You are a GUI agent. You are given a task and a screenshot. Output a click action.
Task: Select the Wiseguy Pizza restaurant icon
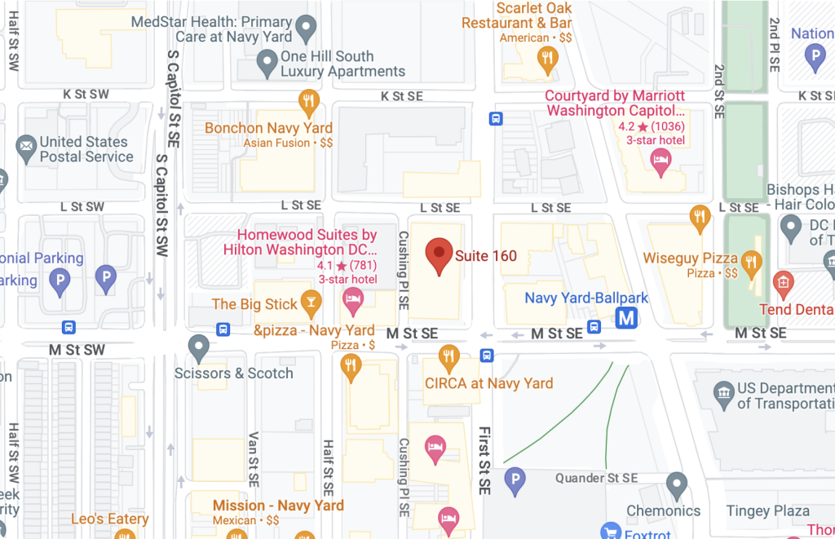(x=751, y=262)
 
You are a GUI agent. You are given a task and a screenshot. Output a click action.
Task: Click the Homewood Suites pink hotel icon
(x=352, y=300)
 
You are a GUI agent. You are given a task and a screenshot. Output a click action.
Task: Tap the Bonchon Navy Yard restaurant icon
(x=307, y=101)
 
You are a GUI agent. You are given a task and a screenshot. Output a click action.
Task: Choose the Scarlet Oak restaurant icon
(x=547, y=57)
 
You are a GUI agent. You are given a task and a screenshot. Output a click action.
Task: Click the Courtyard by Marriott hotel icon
(x=660, y=161)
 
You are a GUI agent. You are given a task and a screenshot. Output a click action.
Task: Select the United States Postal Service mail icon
(x=27, y=148)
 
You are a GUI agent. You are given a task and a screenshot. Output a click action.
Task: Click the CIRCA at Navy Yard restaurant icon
(x=448, y=356)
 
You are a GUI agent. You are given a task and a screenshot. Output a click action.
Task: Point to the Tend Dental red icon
(x=783, y=283)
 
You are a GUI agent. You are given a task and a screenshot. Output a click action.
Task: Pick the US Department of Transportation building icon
(x=723, y=395)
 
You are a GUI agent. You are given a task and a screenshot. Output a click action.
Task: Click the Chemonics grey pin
(x=676, y=485)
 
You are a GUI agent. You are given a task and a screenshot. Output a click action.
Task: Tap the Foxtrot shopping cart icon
(x=610, y=532)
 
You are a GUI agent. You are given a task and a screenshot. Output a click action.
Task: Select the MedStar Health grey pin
(x=306, y=29)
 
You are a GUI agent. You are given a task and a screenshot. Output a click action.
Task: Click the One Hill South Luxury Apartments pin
(x=267, y=60)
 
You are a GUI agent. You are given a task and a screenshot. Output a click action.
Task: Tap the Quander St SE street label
(x=596, y=478)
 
